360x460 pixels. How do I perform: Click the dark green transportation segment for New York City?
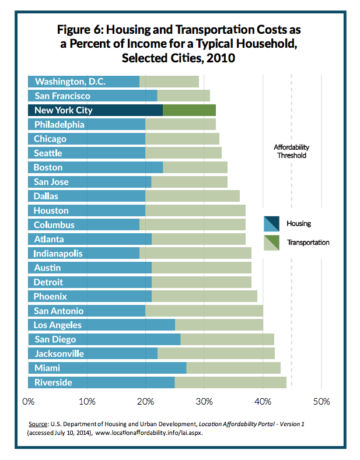pyautogui.click(x=189, y=110)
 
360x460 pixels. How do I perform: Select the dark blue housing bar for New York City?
pyautogui.click(x=96, y=110)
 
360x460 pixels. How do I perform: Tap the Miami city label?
pyautogui.click(x=47, y=368)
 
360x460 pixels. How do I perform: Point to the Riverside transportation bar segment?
pyautogui.click(x=230, y=382)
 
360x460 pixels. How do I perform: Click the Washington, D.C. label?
pyautogui.click(x=70, y=82)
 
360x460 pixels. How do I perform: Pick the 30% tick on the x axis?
pyautogui.click(x=204, y=401)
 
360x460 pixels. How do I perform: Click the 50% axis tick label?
pyautogui.click(x=321, y=401)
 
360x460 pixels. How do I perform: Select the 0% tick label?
pyautogui.click(x=29, y=401)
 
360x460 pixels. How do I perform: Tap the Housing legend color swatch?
pyautogui.click(x=271, y=223)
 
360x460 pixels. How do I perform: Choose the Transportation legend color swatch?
pyautogui.click(x=271, y=243)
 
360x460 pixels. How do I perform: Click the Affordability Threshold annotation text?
pyautogui.click(x=292, y=152)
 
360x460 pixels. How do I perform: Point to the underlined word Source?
pyautogui.click(x=38, y=424)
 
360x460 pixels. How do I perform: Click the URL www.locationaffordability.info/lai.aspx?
pyautogui.click(x=149, y=433)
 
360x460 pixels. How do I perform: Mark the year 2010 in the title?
pyautogui.click(x=221, y=58)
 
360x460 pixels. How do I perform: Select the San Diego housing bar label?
pyautogui.click(x=55, y=339)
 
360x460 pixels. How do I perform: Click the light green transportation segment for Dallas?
pyautogui.click(x=193, y=196)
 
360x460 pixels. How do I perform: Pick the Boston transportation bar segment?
pyautogui.click(x=195, y=167)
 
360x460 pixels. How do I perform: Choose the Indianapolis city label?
pyautogui.click(x=58, y=254)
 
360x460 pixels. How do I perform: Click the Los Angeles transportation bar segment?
pyautogui.click(x=219, y=325)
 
